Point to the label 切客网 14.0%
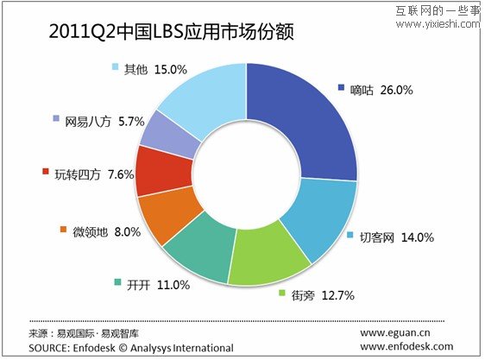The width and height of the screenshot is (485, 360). tap(396, 237)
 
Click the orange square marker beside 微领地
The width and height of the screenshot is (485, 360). tap(63, 230)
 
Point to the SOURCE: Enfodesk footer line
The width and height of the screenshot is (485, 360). tap(130, 348)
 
